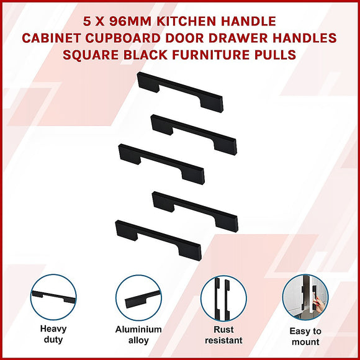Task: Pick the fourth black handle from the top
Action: coord(195,211)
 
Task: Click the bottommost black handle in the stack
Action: coord(158,238)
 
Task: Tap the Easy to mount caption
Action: coord(305,336)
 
